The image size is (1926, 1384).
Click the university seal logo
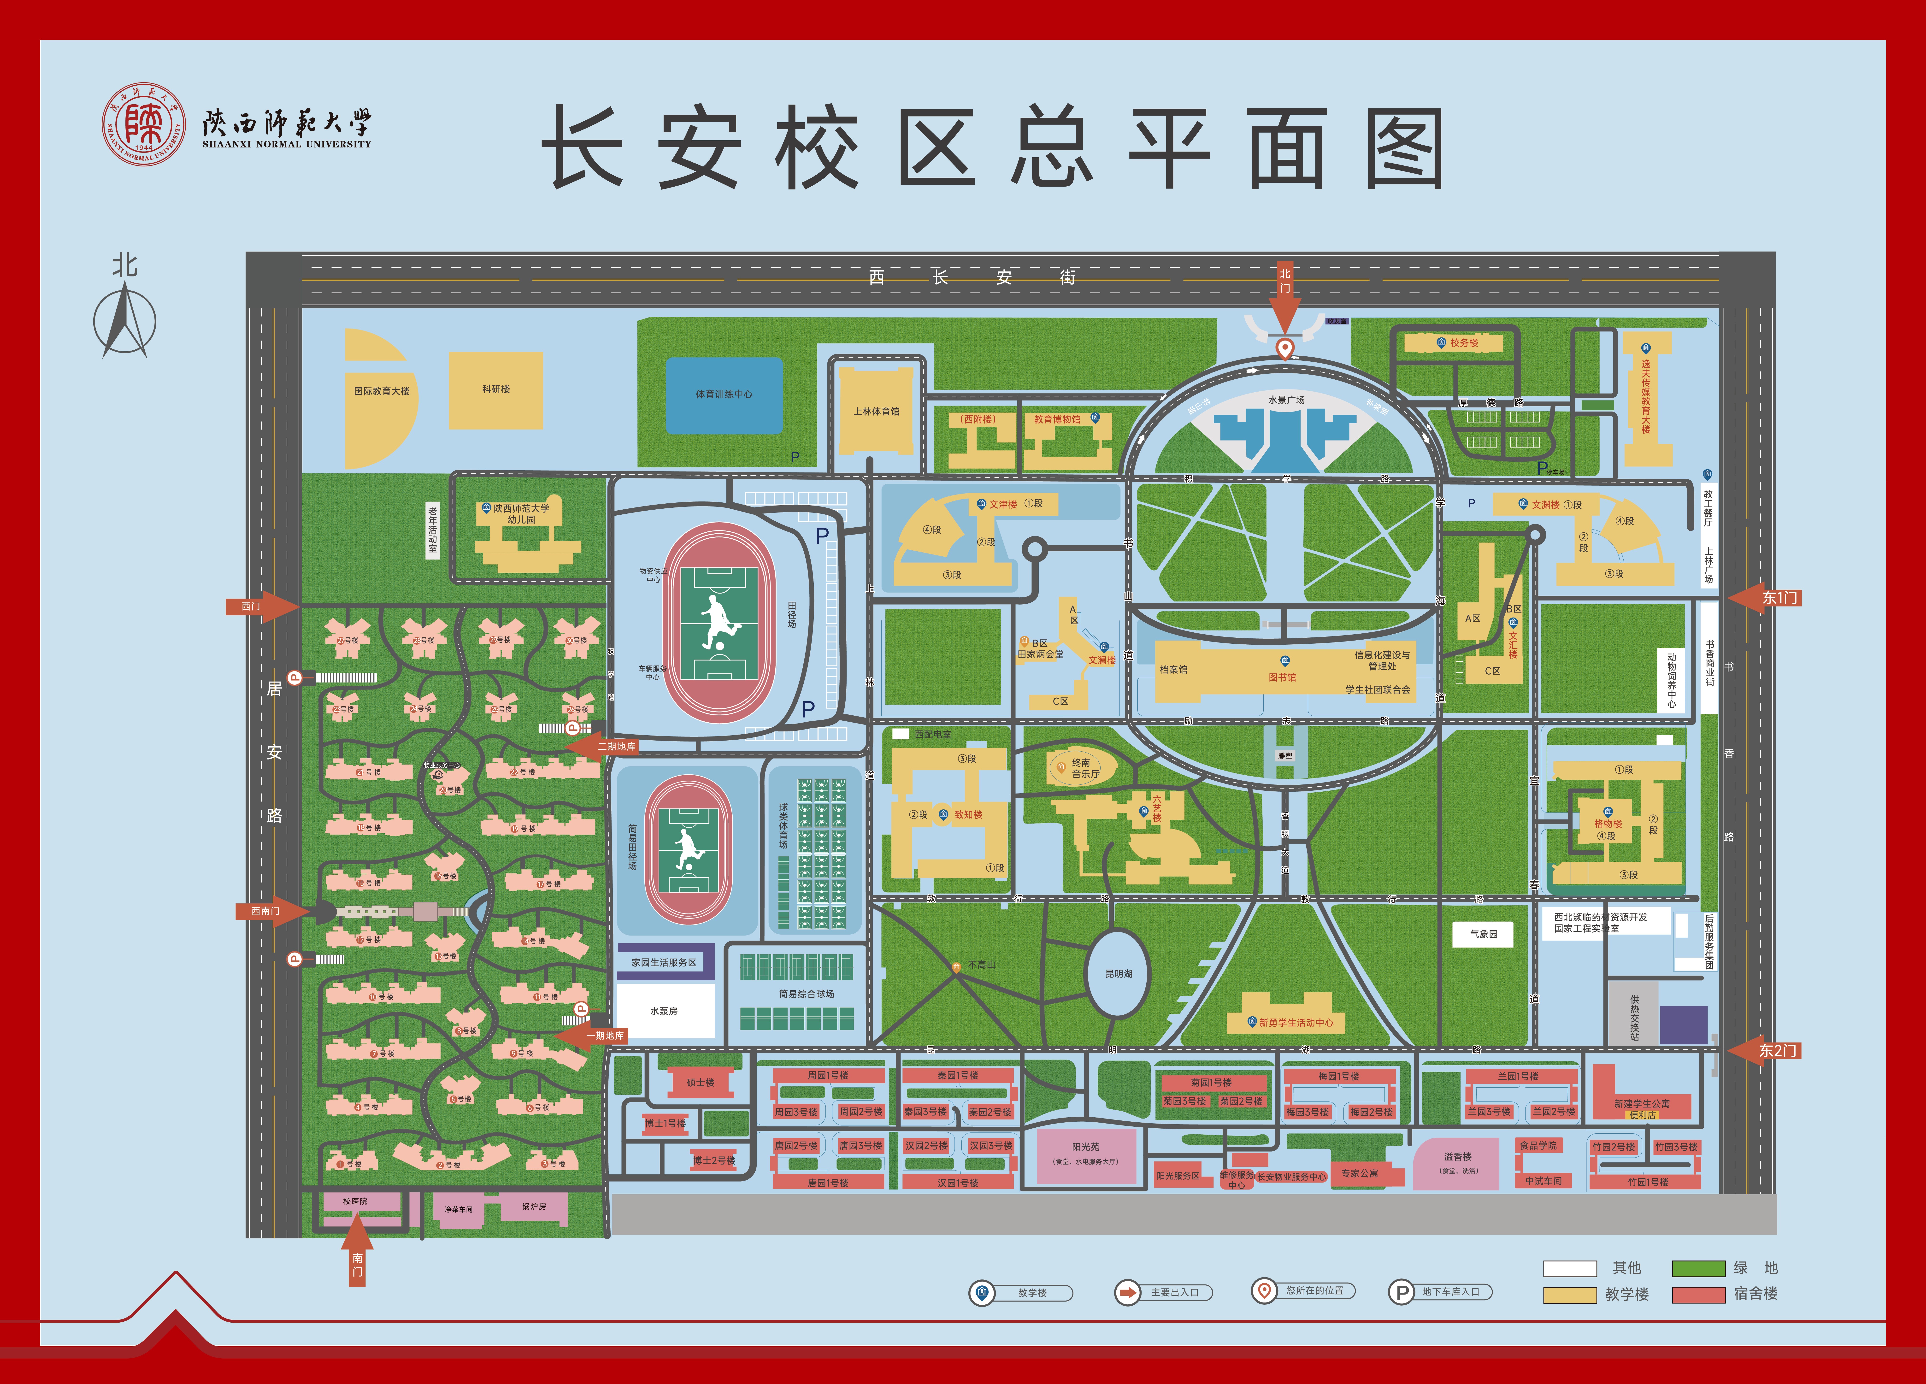[143, 124]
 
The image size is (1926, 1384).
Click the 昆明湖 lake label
[1119, 974]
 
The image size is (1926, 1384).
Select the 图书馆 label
[1282, 677]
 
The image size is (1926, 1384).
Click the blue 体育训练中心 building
[724, 395]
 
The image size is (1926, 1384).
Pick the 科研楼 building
[496, 390]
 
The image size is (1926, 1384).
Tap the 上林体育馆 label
[876, 412]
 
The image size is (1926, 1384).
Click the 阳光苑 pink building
[1085, 1153]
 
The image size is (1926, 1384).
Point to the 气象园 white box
[1484, 934]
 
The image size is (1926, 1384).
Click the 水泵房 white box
[664, 1011]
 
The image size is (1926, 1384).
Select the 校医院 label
[355, 1201]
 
